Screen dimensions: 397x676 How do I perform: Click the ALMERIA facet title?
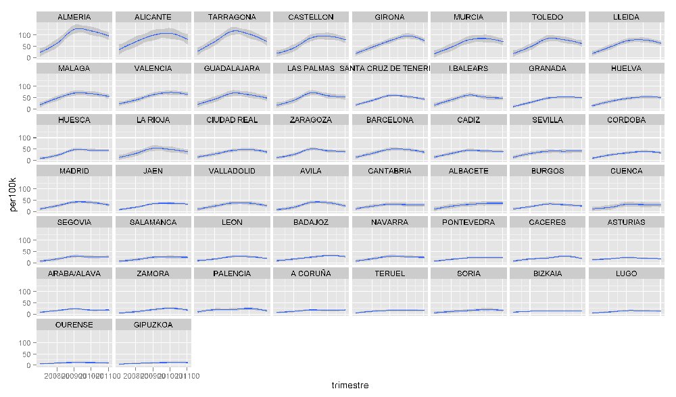tap(74, 17)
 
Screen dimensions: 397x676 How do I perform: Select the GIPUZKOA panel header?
tap(153, 325)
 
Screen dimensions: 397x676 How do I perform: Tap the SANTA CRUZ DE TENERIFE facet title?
tap(390, 68)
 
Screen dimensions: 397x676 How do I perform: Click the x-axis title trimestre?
tap(349, 385)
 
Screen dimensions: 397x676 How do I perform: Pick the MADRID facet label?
tap(74, 171)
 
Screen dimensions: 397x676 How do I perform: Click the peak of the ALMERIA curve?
tap(80, 29)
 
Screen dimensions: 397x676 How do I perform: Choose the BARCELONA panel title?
tap(390, 120)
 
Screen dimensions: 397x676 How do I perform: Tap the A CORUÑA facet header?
tap(311, 273)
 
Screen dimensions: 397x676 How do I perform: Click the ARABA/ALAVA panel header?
tap(74, 273)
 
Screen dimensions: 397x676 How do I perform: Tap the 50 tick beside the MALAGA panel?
tap(28, 97)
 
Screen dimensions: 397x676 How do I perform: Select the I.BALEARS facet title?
tap(468, 68)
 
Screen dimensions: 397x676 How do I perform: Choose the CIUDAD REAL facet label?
tap(232, 120)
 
